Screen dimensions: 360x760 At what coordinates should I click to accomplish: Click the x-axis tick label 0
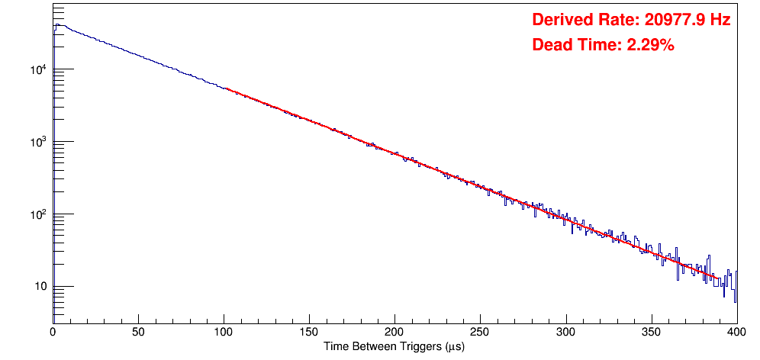point(53,332)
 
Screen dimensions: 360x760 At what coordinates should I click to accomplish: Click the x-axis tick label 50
point(138,332)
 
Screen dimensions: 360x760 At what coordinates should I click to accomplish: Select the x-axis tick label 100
point(224,332)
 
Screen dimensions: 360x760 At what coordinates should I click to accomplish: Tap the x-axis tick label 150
point(309,332)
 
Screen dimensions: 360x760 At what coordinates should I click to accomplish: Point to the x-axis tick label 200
point(394,332)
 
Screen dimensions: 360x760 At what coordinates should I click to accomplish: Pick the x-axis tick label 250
point(480,332)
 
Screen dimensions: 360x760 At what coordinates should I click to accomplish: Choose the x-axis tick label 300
point(565,332)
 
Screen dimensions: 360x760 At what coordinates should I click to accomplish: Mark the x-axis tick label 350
point(651,332)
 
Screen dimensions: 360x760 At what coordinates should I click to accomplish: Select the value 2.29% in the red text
point(651,46)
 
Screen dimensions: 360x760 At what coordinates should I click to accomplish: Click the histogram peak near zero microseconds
point(56,24)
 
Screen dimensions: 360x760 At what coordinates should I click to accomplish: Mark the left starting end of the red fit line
point(224,88)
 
